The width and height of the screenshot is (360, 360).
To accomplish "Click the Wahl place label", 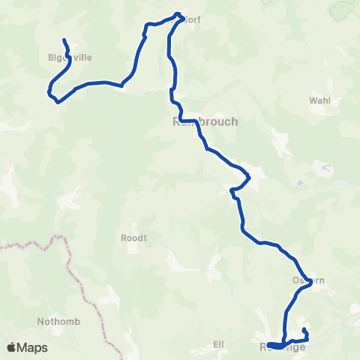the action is tap(320, 101).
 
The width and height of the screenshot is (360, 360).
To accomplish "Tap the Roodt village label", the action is tap(133, 238).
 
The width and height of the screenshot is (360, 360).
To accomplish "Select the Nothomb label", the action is tap(54, 322).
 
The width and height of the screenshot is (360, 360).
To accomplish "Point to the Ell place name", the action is tap(219, 344).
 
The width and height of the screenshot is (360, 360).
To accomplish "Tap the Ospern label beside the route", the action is tap(307, 281).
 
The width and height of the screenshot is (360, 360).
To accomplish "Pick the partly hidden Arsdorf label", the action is tap(191, 19).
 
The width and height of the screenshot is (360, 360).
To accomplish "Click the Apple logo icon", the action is tap(13, 347).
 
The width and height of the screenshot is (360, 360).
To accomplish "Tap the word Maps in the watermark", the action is tap(33, 347).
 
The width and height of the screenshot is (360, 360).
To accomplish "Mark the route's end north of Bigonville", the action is tap(64, 40).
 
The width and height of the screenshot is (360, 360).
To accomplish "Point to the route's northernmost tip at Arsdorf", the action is tap(178, 13).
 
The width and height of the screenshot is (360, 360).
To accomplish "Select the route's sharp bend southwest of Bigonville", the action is tap(50, 94).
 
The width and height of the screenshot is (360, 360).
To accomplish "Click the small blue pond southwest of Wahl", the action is tap(300, 182).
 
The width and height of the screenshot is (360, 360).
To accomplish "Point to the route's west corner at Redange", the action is tap(268, 344).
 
